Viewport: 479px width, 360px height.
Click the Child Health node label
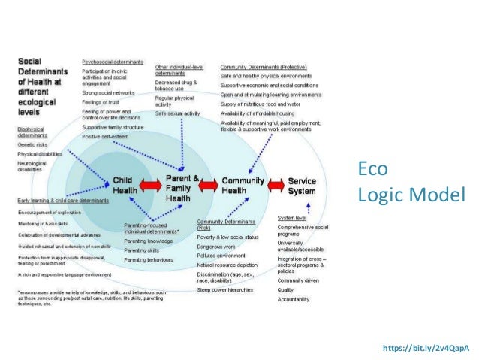click(x=125, y=185)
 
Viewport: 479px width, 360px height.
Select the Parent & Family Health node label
click(x=182, y=187)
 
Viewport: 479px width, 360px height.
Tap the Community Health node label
click(x=243, y=186)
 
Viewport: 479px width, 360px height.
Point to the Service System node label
click(x=303, y=186)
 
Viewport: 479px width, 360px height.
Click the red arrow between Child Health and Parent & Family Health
click(x=151, y=185)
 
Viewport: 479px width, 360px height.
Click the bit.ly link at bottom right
click(x=426, y=349)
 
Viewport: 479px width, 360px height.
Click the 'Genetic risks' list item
click(x=35, y=145)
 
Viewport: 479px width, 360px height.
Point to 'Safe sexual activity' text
click(x=177, y=113)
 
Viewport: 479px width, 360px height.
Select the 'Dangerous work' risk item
click(x=217, y=247)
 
